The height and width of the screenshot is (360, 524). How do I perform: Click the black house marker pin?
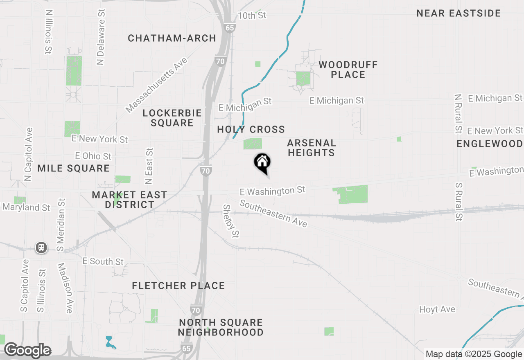[262, 162]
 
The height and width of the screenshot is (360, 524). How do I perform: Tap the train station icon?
[41, 248]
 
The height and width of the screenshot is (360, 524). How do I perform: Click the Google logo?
[27, 350]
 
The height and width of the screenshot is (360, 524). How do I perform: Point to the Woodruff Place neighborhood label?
[348, 70]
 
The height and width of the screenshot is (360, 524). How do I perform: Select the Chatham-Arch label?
[172, 38]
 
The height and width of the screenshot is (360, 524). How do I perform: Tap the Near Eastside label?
[458, 13]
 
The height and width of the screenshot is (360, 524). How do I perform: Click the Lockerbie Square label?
[172, 118]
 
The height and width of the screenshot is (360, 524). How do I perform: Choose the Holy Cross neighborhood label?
[251, 129]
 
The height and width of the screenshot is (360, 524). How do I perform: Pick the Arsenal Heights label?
[312, 148]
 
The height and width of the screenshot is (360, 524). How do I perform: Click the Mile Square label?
[74, 168]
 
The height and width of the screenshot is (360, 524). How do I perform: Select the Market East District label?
[129, 200]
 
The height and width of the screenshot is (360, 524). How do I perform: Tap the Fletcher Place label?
[178, 286]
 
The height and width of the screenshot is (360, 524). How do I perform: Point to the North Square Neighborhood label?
[221, 327]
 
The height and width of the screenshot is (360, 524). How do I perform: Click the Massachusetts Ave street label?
[156, 85]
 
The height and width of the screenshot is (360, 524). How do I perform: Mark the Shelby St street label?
[230, 221]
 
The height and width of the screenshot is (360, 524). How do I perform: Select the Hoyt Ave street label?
[437, 309]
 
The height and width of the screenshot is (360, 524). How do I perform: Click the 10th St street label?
[252, 15]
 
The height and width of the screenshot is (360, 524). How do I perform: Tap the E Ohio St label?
[93, 156]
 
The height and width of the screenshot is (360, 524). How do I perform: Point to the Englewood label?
[490, 144]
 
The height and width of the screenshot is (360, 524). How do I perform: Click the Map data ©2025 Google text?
[474, 354]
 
